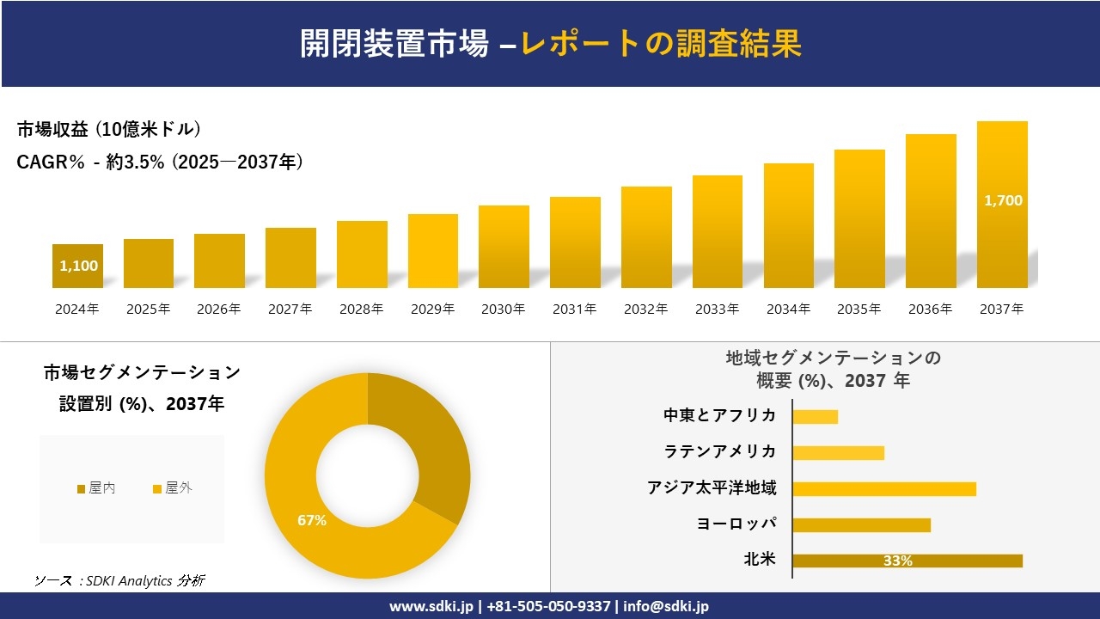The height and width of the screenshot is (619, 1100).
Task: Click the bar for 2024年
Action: pos(77,267)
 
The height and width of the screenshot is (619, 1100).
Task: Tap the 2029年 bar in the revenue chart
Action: pos(433,251)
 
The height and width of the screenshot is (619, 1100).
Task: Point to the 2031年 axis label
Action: pos(575,309)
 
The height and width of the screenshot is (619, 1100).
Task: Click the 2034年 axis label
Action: pos(788,309)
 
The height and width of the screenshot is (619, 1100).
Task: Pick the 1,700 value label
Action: pos(1003,200)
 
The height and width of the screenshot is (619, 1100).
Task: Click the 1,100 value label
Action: pos(78,266)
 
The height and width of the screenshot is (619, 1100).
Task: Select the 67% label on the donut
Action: pos(311,520)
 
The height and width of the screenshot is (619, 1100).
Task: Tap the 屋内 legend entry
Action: pos(96,488)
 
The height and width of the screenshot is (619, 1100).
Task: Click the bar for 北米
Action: pos(907,561)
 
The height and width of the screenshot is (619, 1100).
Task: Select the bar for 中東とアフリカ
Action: pos(815,416)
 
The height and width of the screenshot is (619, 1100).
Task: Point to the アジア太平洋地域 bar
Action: pos(883,488)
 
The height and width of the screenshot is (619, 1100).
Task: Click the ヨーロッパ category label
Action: pos(736,524)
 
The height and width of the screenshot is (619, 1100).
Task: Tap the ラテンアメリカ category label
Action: pos(719,452)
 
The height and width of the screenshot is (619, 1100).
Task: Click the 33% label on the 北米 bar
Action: pos(897,561)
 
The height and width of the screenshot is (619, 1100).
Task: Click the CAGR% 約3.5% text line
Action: pos(160,162)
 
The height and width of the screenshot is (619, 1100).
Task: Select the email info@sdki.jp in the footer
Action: pos(667,606)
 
